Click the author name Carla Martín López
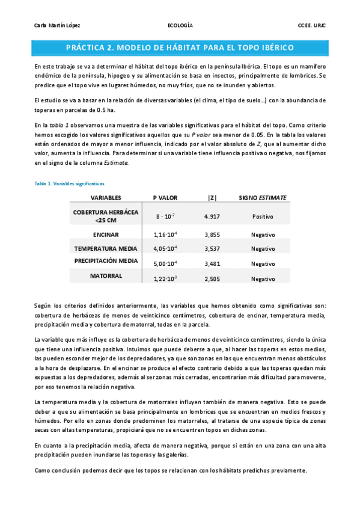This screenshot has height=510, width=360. click(x=49, y=25)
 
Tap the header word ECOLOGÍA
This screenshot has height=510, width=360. click(x=180, y=25)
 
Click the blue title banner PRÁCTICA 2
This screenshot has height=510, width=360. click(x=180, y=46)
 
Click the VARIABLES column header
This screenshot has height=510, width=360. click(x=106, y=197)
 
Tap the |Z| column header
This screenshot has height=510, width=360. click(x=210, y=197)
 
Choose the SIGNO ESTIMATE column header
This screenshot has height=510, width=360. click(x=263, y=197)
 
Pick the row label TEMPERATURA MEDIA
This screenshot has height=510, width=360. click(x=106, y=248)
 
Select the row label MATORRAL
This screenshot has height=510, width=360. click(x=106, y=276)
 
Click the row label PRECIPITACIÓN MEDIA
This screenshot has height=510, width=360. click(x=106, y=261)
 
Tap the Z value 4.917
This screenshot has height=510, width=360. click(x=210, y=217)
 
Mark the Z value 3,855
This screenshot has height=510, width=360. click(x=210, y=235)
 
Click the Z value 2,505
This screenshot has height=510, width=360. click(x=210, y=278)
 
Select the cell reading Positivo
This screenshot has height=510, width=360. click(x=263, y=217)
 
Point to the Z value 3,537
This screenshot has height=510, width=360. click(x=210, y=248)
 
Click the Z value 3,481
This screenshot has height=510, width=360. click(x=210, y=263)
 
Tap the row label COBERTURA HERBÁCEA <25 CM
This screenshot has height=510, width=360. click(x=106, y=217)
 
